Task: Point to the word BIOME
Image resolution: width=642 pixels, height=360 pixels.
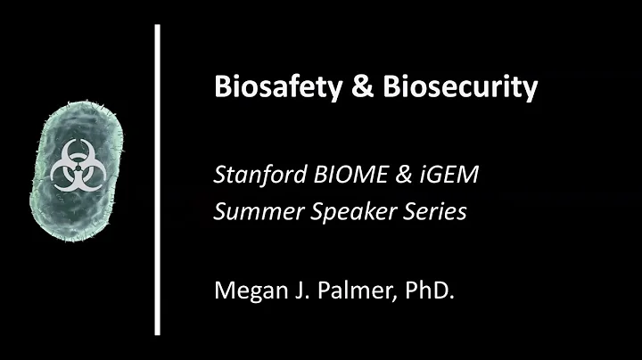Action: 342,174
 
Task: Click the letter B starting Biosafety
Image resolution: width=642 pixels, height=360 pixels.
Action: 222,87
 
